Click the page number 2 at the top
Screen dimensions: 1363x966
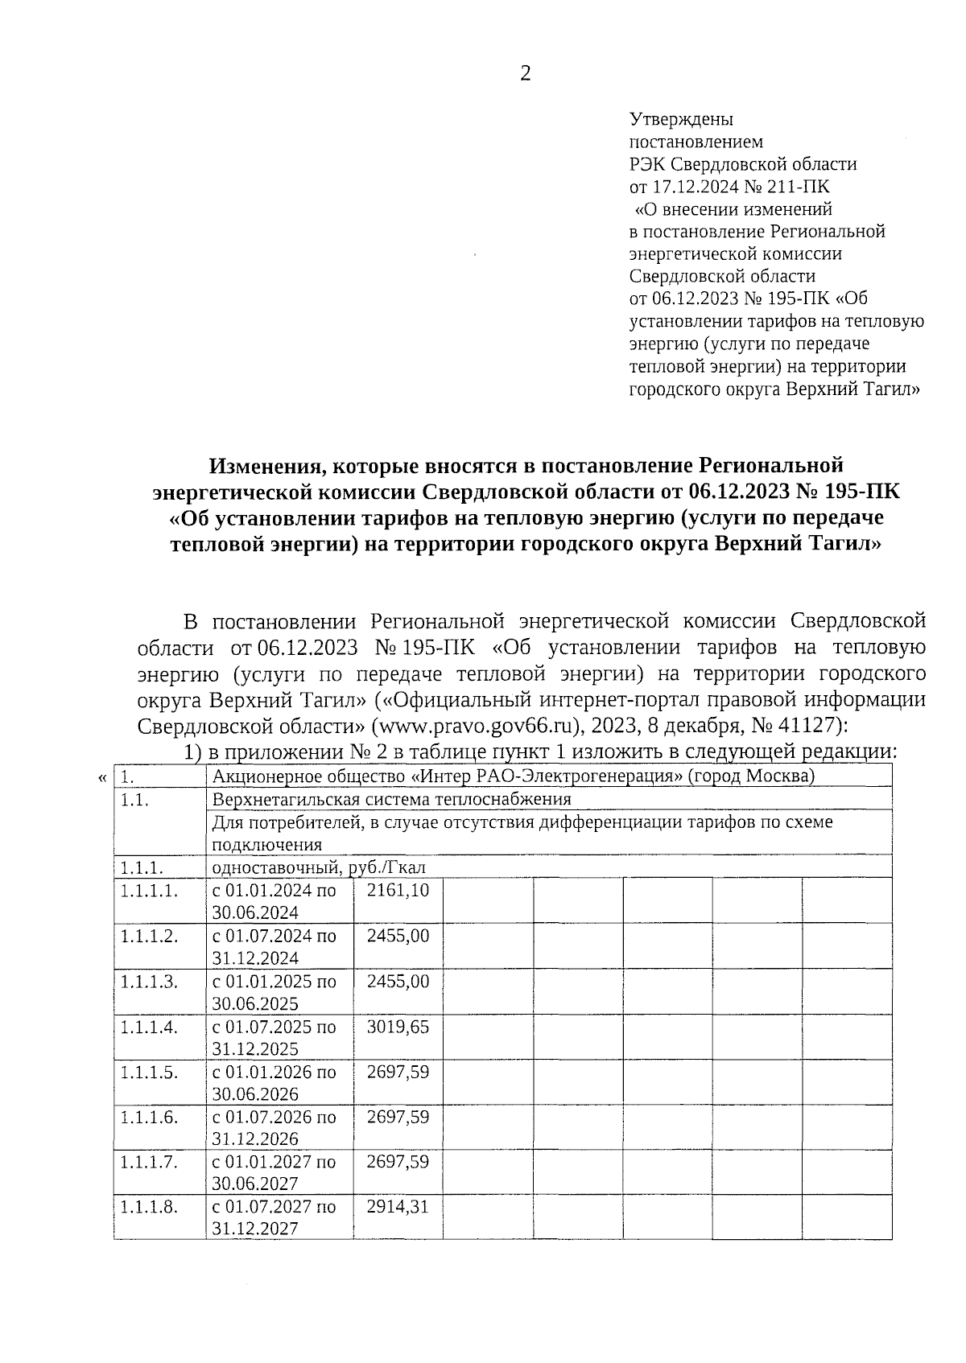click(x=526, y=74)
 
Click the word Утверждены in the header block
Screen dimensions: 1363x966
click(x=680, y=120)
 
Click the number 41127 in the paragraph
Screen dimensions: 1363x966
click(x=805, y=725)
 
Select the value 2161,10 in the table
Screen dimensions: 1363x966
click(x=398, y=890)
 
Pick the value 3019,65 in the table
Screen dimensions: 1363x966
click(x=398, y=1027)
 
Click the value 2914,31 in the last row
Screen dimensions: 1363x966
click(x=398, y=1207)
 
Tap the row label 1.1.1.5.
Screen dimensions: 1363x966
click(x=149, y=1072)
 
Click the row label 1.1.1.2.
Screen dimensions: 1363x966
click(x=149, y=936)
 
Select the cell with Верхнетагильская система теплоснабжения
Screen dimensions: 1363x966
click(x=390, y=799)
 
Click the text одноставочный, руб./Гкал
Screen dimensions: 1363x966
click(x=318, y=867)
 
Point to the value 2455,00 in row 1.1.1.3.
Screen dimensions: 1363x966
click(x=398, y=981)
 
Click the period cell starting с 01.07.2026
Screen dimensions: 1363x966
click(x=274, y=1126)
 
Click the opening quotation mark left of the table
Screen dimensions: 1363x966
click(x=101, y=777)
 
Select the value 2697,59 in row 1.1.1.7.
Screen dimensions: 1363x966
click(x=398, y=1162)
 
